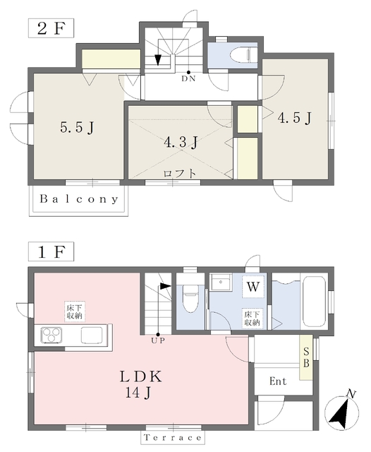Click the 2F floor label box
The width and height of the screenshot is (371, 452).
pos(51,28)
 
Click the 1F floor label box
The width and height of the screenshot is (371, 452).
pos(51,251)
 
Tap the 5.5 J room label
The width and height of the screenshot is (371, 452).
pos(77,128)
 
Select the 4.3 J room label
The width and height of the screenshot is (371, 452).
pos(181,143)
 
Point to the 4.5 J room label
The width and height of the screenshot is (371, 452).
pos(294,118)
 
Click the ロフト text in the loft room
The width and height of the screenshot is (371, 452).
pos(180,174)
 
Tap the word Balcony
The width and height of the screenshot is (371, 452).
pos(79,199)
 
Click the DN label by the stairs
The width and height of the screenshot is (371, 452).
pos(188,78)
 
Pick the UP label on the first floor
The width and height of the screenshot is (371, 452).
pos(158,340)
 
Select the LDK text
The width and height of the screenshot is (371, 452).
pos(141,376)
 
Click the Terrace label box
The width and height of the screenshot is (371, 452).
pos(173,438)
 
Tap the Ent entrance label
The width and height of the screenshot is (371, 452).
pos(278,381)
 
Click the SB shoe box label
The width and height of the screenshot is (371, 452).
pos(306,357)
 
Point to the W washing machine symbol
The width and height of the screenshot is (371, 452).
pos(253,287)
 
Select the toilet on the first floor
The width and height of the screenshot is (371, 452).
pos(190,299)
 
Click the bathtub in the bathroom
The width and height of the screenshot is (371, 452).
pos(315,302)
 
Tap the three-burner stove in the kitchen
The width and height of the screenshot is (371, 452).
pos(51,335)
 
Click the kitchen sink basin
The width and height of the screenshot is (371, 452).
pos(92,335)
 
